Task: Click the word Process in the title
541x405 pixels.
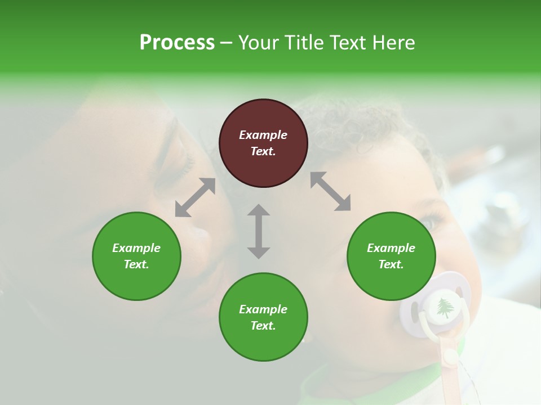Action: click(177, 43)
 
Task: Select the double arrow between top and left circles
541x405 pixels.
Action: click(195, 197)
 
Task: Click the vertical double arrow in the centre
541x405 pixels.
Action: click(259, 231)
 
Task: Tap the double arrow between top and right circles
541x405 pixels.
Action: click(330, 191)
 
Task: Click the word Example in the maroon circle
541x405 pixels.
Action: click(263, 135)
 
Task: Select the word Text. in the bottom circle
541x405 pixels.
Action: click(263, 326)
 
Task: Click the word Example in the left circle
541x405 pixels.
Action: click(136, 248)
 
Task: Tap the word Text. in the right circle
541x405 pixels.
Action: click(391, 264)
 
